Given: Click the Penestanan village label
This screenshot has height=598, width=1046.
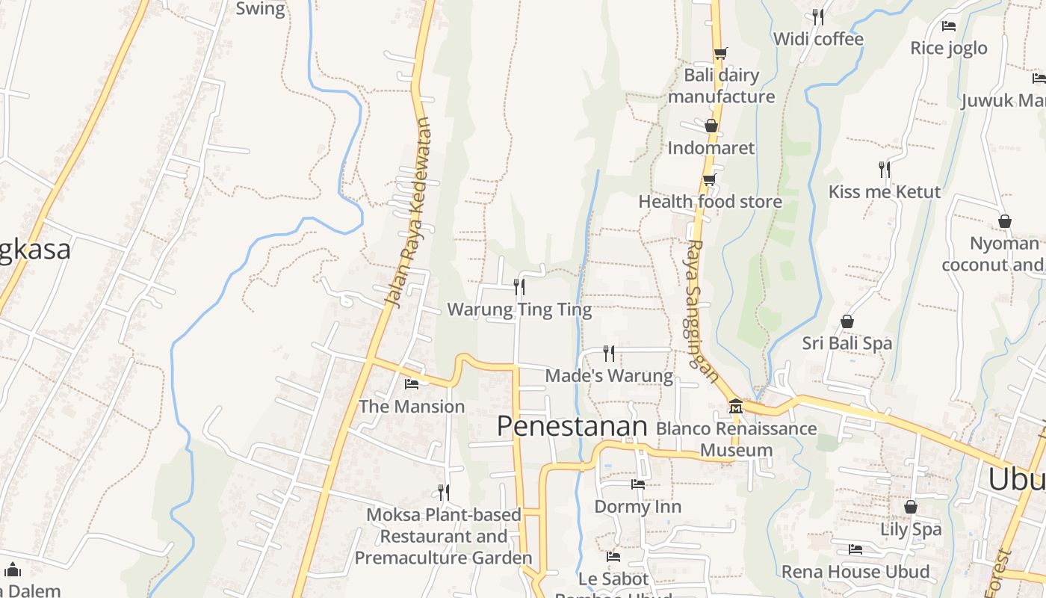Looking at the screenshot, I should [x=572, y=426].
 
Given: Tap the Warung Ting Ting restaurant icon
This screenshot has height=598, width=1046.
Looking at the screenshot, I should [x=519, y=286].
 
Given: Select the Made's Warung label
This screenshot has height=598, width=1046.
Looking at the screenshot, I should [x=609, y=375].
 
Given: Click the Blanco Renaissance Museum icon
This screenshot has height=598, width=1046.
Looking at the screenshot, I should [x=736, y=406].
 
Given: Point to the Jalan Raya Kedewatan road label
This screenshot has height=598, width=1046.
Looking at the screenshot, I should [x=408, y=213].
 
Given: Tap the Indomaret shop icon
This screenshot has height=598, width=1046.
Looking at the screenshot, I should [x=711, y=126].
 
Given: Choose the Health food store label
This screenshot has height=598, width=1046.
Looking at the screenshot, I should [x=710, y=202].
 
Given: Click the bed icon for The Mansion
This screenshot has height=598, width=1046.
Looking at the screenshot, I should [x=412, y=384].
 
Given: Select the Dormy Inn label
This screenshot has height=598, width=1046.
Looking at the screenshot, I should [x=637, y=507].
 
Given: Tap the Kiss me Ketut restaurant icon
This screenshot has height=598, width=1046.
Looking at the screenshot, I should [x=885, y=170].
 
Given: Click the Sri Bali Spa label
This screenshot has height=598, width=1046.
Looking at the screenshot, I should [x=847, y=344].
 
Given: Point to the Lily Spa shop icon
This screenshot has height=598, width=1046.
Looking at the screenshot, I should [x=910, y=507].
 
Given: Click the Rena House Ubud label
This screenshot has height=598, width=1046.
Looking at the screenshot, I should [x=855, y=573].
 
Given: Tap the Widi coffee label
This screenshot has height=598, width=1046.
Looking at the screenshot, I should [x=818, y=39].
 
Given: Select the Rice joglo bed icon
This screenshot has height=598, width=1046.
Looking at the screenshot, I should [x=949, y=26].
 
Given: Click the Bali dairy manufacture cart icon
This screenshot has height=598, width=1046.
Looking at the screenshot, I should [x=720, y=53].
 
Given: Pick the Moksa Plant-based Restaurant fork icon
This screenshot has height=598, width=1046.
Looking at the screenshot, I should [x=444, y=492].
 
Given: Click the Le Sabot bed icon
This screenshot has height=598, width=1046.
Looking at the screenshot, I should [x=613, y=557].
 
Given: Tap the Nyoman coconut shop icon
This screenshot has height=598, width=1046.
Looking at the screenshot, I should [x=1005, y=222].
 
